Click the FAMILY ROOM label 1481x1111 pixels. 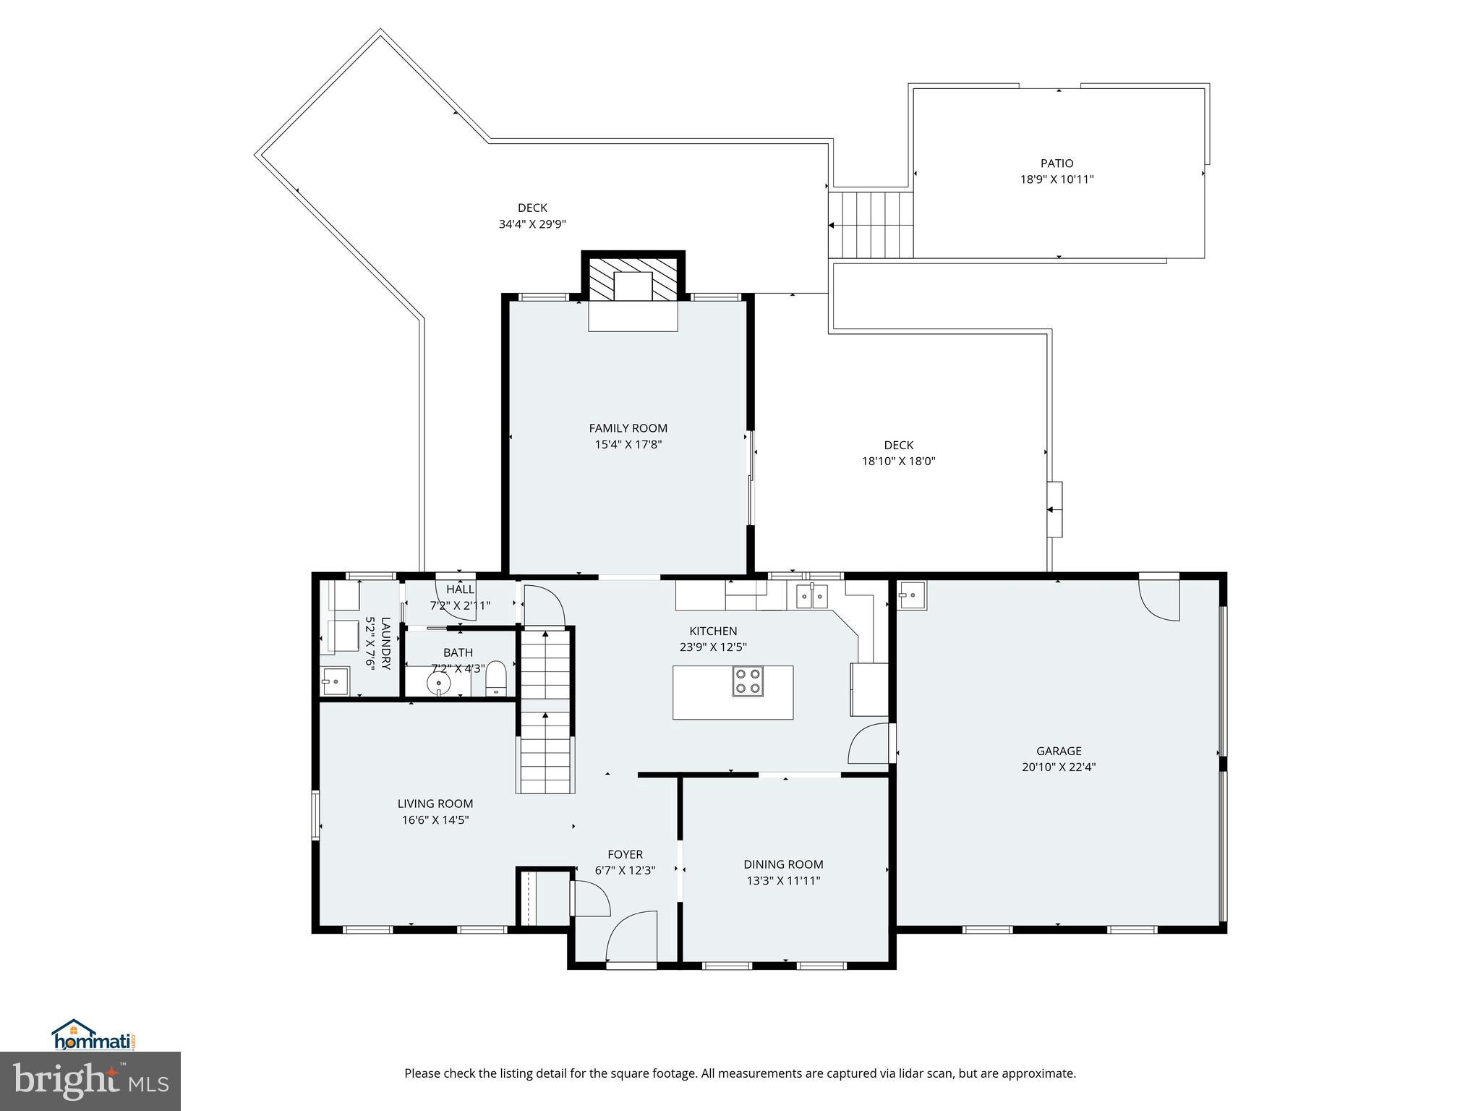(x=628, y=428)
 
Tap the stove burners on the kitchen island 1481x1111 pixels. (x=748, y=681)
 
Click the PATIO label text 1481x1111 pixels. (x=1057, y=163)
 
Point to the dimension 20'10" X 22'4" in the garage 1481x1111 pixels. (x=1059, y=767)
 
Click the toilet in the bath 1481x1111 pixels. (x=495, y=678)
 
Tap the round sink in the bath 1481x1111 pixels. (x=438, y=683)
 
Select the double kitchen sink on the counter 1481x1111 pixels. (x=811, y=596)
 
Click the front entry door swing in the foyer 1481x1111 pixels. (x=631, y=937)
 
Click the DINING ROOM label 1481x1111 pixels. (x=783, y=864)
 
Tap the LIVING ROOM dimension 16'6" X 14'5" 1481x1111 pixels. (x=435, y=820)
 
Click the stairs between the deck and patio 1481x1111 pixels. (x=871, y=224)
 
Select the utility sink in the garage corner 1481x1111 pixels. (x=912, y=596)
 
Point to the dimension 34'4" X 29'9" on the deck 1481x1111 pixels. (x=532, y=224)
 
